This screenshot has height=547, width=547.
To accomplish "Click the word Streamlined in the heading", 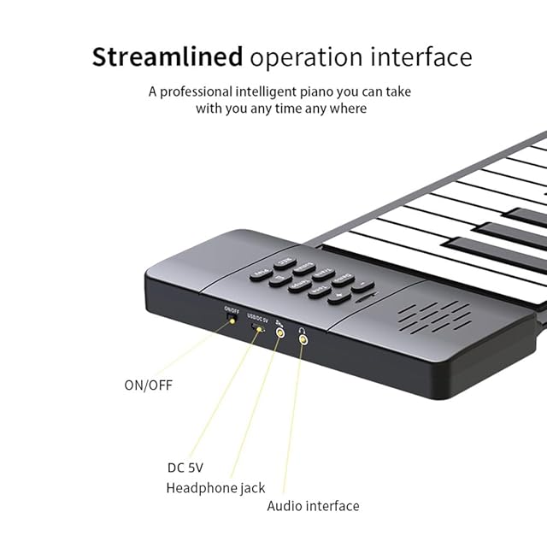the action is (167, 57).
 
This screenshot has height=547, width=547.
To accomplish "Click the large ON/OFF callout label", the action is (148, 385).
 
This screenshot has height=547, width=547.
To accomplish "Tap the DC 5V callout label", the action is (185, 468).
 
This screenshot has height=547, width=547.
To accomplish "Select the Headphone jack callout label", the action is (215, 488).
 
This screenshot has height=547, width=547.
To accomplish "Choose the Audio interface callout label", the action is (313, 506).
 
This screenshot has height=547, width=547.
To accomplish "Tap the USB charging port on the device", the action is (257, 327).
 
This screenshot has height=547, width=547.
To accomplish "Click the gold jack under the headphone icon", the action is (302, 339).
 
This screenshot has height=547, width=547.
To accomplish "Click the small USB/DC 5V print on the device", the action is (257, 318).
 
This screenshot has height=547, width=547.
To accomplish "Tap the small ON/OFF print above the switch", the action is (231, 309).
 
